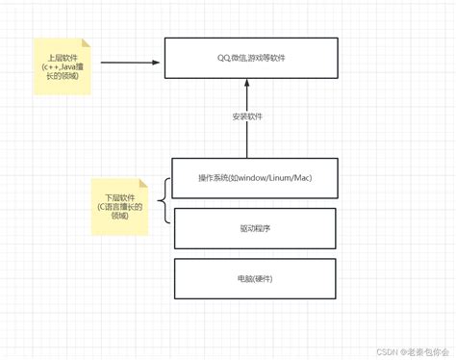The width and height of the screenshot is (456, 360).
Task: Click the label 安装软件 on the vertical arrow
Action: tap(247, 116)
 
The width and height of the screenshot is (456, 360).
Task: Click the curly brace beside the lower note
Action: tap(165, 202)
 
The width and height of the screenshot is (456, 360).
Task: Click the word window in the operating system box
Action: tap(255, 178)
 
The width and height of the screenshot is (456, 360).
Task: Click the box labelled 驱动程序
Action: tap(254, 228)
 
